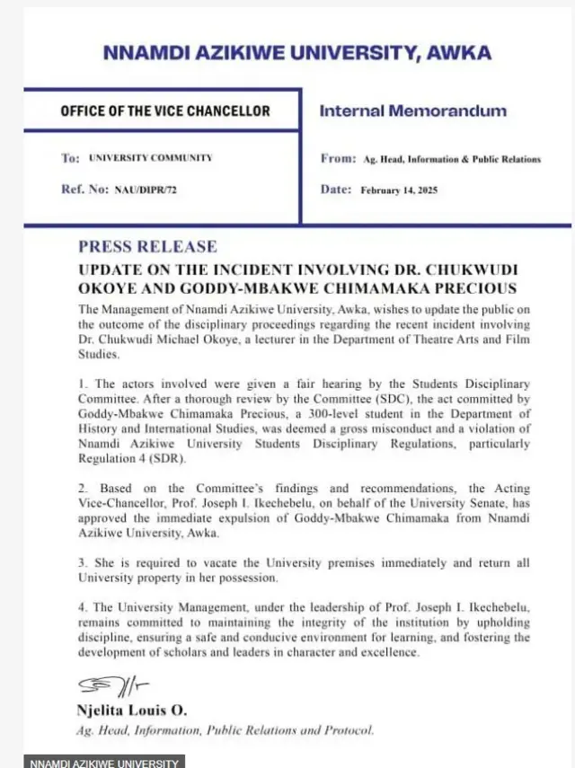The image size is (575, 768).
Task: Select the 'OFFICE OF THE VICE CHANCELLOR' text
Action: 164,111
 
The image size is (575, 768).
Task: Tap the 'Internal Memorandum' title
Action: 413,111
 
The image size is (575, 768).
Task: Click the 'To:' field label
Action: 70,158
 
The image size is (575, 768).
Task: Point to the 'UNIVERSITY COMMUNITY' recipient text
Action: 150,158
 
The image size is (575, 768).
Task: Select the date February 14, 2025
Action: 399,190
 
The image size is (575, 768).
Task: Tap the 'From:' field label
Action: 338,158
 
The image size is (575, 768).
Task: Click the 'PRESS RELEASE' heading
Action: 147,246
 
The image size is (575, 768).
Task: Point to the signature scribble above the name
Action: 102,686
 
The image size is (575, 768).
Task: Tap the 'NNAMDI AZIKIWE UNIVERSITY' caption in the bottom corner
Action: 104,763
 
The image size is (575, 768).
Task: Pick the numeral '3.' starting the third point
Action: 84,562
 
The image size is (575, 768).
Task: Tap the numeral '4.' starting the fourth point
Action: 84,607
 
